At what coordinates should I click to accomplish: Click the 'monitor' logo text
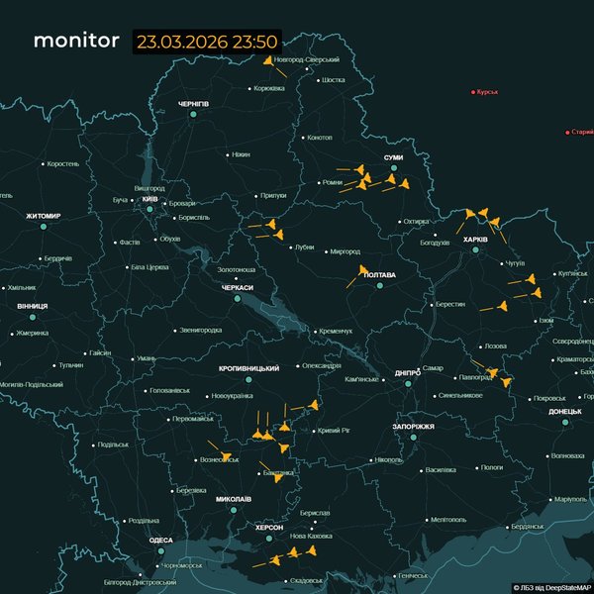pyautogui.click(x=77, y=42)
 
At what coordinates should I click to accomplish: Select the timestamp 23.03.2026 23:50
pyautogui.click(x=208, y=43)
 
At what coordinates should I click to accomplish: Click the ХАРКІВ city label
pyautogui.click(x=475, y=239)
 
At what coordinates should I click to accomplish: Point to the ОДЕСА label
pyautogui.click(x=160, y=540)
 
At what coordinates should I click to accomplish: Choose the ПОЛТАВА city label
pyautogui.click(x=380, y=274)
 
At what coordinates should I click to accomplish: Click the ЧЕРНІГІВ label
pyautogui.click(x=193, y=104)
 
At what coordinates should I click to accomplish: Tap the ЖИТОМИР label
pyautogui.click(x=44, y=216)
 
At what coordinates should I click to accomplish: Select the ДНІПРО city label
pyautogui.click(x=407, y=373)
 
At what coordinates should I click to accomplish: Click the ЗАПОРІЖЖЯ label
pyautogui.click(x=413, y=426)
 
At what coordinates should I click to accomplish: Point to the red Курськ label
pyautogui.click(x=486, y=92)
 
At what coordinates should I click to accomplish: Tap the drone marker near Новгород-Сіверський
pyautogui.click(x=268, y=60)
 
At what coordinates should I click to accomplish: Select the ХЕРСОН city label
pyautogui.click(x=269, y=528)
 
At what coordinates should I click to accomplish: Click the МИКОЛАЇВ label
pyautogui.click(x=233, y=499)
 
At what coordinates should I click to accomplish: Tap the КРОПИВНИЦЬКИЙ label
pyautogui.click(x=248, y=368)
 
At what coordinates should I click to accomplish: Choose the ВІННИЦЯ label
pyautogui.click(x=32, y=306)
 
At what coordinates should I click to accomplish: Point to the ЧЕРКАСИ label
pyautogui.click(x=238, y=287)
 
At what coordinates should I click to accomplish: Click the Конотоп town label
pyautogui.click(x=320, y=138)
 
